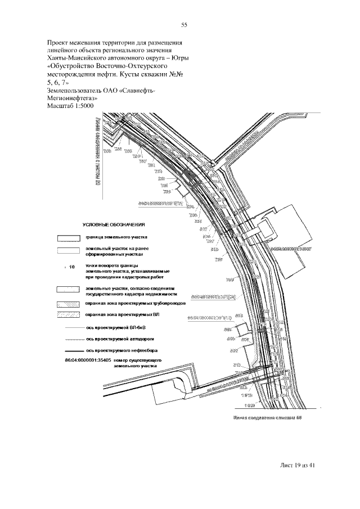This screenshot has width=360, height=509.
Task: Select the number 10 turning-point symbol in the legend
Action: [x=70, y=267]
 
